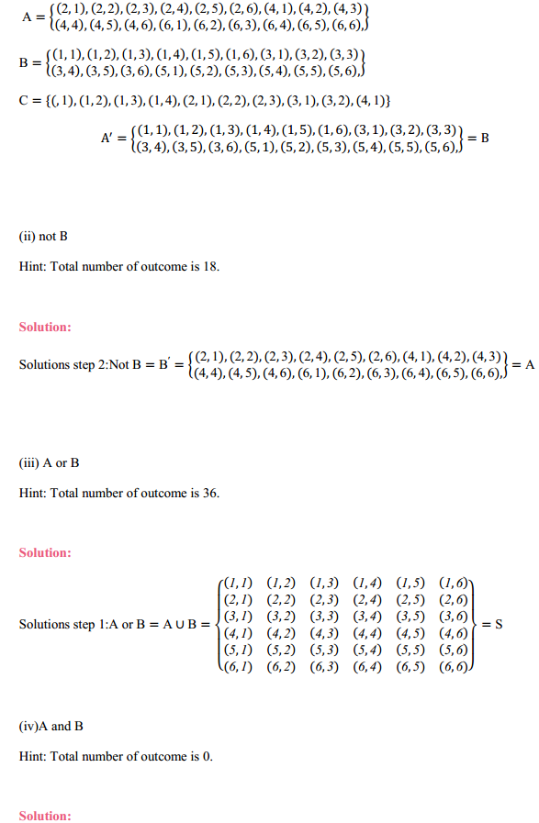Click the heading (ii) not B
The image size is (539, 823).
pos(43,237)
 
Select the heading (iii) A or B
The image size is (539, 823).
pos(49,463)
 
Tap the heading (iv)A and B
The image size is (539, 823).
pos(51,727)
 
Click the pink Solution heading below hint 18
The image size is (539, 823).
pos(44,327)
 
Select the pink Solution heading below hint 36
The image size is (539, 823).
pos(44,553)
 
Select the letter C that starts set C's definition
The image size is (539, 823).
pos(24,99)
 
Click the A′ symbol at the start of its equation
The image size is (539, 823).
pos(107,139)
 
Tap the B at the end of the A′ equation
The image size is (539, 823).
pos(485,138)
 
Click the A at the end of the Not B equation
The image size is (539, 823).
pos(528,364)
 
